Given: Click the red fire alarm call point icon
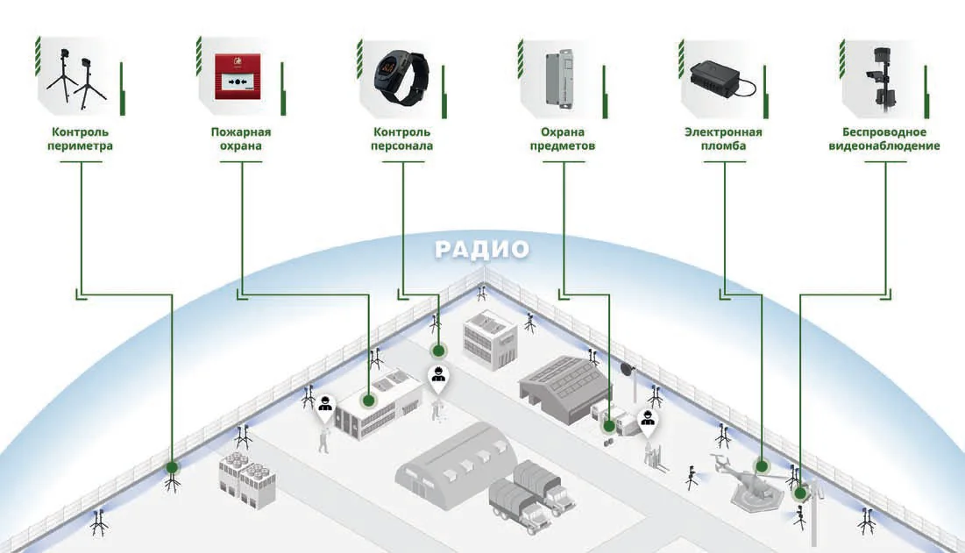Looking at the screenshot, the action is click(x=238, y=77).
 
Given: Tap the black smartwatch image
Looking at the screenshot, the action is click(x=401, y=77).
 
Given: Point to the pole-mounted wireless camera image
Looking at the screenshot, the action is click(x=883, y=79).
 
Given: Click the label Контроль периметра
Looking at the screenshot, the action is click(x=80, y=139).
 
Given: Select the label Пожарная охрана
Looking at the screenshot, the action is click(x=241, y=139).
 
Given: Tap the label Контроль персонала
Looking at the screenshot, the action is click(x=402, y=139).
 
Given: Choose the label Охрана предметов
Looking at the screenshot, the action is click(x=563, y=139).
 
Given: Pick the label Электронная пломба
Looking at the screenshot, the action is click(x=723, y=139).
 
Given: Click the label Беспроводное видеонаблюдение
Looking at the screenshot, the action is click(x=883, y=139).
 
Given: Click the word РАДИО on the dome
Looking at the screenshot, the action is click(x=482, y=249).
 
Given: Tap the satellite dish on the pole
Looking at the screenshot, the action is click(x=628, y=369).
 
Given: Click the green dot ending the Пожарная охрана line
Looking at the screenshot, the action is click(x=369, y=401).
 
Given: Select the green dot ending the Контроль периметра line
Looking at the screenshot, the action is click(x=173, y=467).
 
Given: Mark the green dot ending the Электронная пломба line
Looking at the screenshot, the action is click(x=762, y=466).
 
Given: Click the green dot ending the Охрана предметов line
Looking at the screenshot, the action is click(x=609, y=425).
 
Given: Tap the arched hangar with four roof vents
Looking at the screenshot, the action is click(x=456, y=465).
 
